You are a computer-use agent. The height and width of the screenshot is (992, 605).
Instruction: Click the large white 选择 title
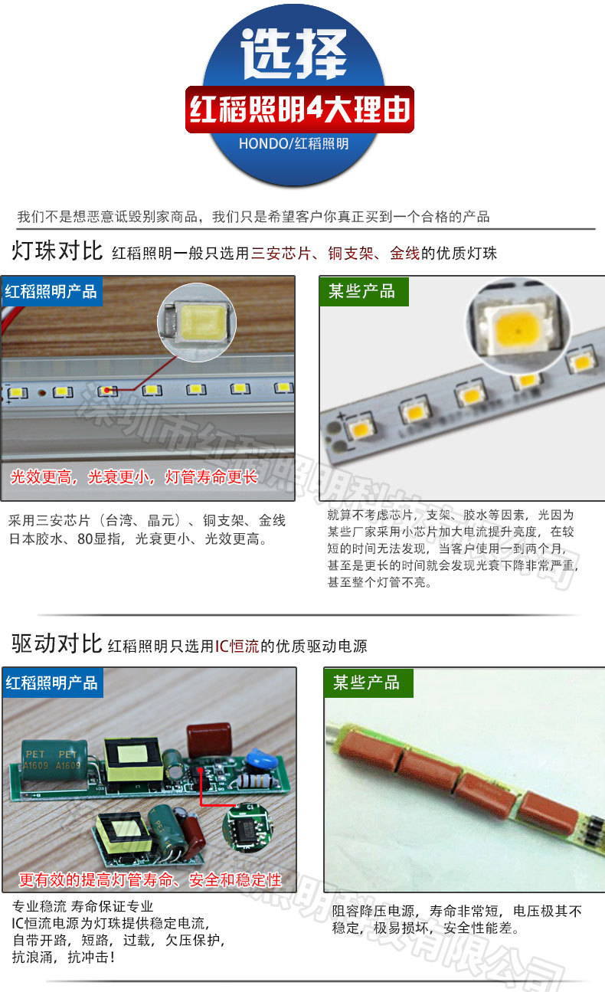(x=296, y=55)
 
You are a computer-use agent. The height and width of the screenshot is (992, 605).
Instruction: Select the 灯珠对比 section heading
(x=57, y=250)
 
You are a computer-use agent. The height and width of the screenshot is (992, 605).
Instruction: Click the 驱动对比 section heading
(x=57, y=643)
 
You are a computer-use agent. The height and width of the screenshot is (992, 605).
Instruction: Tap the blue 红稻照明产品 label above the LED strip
(x=51, y=292)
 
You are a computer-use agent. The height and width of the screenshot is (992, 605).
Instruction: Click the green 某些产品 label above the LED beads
(x=361, y=291)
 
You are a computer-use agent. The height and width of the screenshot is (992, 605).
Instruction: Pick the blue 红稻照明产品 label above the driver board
(x=51, y=683)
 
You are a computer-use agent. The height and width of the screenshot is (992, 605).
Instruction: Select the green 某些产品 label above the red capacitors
(x=366, y=683)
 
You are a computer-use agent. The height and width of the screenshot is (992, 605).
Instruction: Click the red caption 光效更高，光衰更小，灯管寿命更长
(x=134, y=477)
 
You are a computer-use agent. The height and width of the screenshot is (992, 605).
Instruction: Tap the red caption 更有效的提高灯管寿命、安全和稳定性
(x=150, y=879)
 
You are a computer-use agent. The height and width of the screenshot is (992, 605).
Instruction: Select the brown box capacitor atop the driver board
(x=208, y=738)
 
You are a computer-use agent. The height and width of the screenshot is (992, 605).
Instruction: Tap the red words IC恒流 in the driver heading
(x=237, y=646)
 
